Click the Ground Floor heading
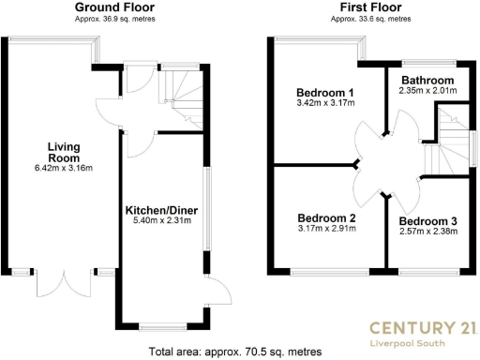[113, 7]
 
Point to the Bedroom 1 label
[325, 93]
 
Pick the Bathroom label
[427, 81]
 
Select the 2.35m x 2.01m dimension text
[427, 91]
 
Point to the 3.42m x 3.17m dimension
[325, 104]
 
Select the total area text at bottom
[235, 352]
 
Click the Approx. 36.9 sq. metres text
[113, 19]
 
